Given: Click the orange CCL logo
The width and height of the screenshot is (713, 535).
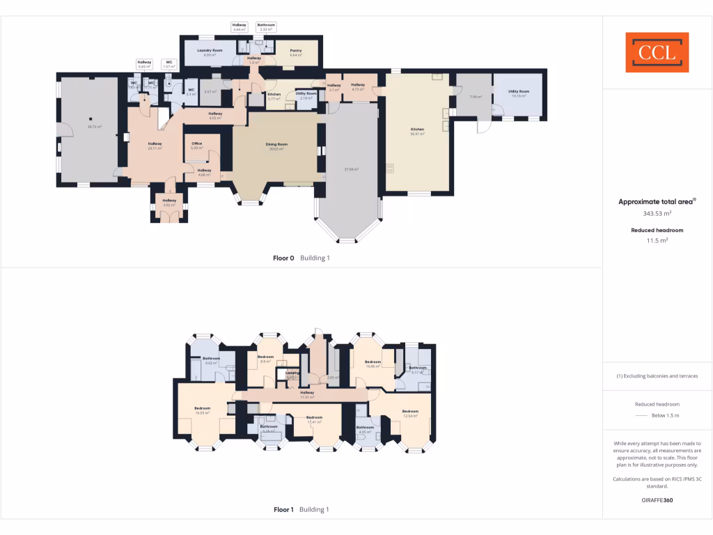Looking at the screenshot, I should click(657, 52).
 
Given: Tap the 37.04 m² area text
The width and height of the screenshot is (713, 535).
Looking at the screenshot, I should click(351, 169).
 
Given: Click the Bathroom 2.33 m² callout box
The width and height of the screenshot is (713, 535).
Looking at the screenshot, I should click(266, 27).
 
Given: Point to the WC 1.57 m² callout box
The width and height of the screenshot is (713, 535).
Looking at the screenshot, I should click(169, 64).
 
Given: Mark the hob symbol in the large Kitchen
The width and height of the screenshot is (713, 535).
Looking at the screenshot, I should click(390, 167).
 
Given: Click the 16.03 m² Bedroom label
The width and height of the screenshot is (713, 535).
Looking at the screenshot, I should click(203, 410).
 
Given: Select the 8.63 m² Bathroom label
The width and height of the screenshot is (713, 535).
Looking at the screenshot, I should click(211, 360).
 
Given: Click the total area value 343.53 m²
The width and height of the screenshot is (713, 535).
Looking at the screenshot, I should click(657, 214).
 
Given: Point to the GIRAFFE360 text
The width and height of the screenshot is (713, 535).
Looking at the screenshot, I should click(657, 499).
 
